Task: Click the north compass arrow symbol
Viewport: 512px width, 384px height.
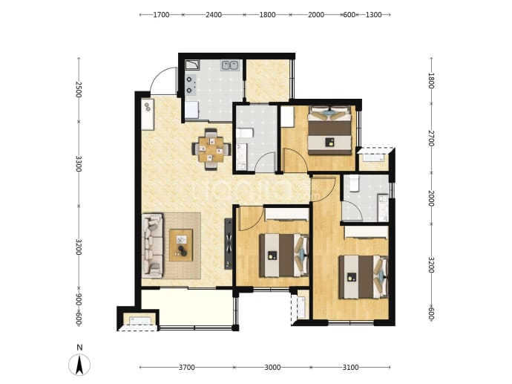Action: (79, 365)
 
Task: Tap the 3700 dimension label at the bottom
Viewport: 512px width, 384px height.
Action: (187, 368)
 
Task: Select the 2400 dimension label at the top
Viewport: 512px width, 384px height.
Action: (214, 15)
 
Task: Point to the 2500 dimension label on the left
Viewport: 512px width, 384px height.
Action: (79, 89)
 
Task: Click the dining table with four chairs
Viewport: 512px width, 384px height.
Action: (211, 149)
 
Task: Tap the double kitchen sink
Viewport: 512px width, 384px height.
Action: (230, 65)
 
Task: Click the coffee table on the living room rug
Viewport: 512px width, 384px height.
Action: (181, 245)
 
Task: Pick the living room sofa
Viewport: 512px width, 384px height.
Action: (153, 246)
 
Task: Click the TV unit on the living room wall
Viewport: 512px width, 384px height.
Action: (229, 244)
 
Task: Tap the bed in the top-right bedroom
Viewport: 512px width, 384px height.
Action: (330, 130)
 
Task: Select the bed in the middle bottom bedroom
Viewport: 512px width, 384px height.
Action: (284, 256)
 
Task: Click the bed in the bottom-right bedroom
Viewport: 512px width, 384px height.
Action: (364, 277)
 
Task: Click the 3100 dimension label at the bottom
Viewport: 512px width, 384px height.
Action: (350, 368)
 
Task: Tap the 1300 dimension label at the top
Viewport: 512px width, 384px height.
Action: (373, 15)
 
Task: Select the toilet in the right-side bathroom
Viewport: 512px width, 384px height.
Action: (353, 183)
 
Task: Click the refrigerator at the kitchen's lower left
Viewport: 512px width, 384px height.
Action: (191, 111)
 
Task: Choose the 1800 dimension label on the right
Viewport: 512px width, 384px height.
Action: (431, 80)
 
